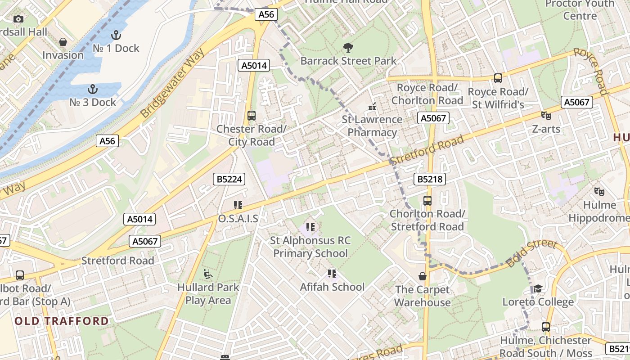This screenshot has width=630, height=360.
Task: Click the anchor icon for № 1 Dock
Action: [116, 35]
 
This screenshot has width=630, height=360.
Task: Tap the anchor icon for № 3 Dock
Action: [93, 89]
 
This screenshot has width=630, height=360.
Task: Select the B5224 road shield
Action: [229, 180]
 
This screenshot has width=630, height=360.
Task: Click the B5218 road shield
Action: [430, 180]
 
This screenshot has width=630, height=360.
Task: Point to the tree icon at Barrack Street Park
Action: [348, 48]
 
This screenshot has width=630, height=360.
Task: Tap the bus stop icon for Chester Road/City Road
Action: [252, 116]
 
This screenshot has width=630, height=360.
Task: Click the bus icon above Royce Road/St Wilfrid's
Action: [498, 78]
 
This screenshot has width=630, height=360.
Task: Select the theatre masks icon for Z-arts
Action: [546, 116]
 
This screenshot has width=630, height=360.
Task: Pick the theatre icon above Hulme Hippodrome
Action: [599, 192]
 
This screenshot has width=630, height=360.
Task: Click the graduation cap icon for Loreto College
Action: [538, 288]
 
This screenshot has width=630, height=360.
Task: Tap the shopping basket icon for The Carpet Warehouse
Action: [422, 276]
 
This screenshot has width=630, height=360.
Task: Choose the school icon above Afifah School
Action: [332, 274]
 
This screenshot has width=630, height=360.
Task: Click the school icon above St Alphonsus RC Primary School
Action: [310, 227]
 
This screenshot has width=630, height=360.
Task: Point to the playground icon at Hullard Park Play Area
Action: [207, 274]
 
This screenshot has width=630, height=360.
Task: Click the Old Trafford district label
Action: [62, 321]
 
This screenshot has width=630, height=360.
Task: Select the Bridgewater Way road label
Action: [173, 83]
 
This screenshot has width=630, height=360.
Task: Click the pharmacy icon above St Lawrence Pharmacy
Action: [372, 107]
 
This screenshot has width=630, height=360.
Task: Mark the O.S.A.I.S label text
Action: [238, 219]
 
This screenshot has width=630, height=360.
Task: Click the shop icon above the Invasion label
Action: [63, 42]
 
